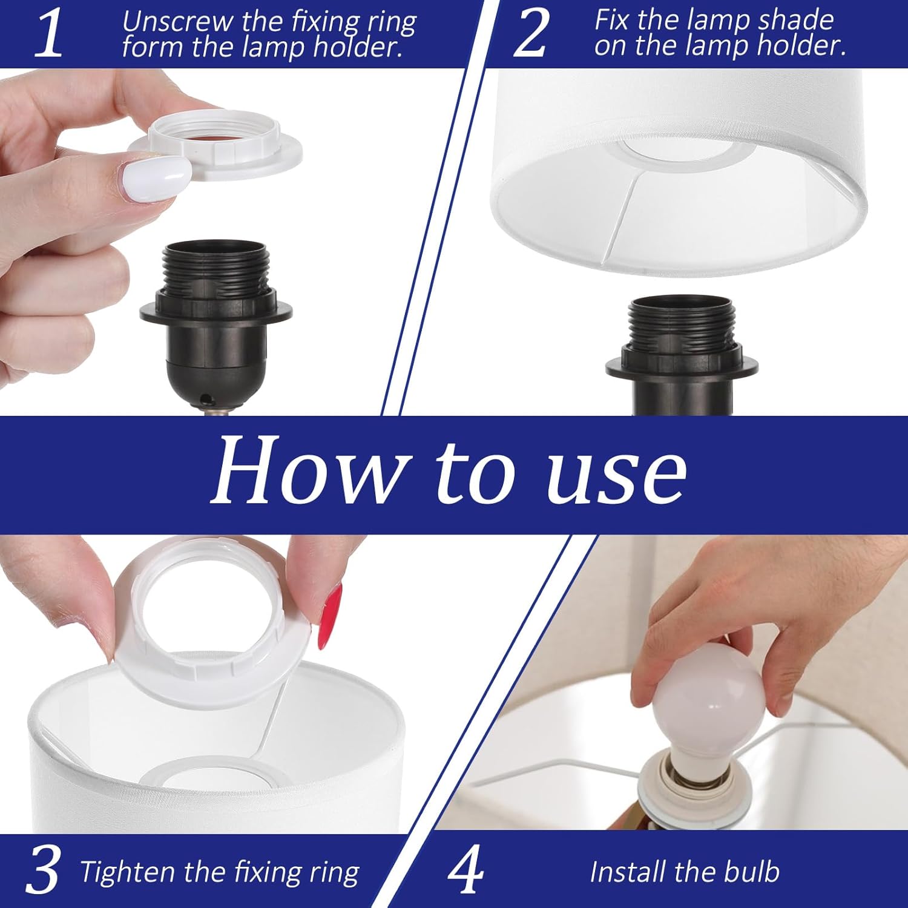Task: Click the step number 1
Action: click(48, 35)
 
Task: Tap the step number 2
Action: click(530, 35)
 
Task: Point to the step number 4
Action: click(466, 870)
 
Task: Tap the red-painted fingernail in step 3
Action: click(330, 616)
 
